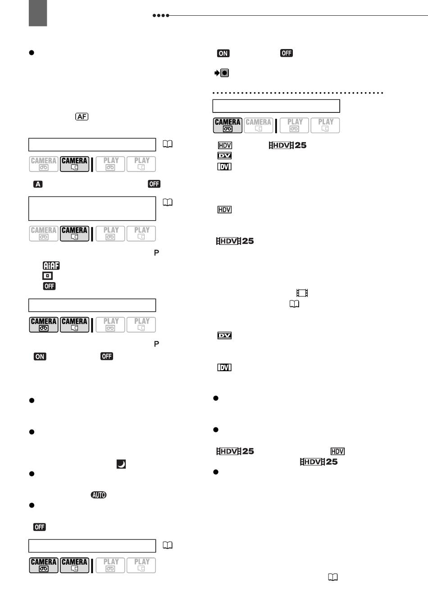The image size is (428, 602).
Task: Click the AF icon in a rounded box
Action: coord(82,117)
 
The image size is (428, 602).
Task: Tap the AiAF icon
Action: coord(51,265)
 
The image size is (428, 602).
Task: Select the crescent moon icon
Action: coord(121,464)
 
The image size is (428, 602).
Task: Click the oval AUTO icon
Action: coord(99,495)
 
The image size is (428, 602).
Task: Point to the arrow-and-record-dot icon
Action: coord(222,73)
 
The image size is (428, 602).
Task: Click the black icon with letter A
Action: coord(38,184)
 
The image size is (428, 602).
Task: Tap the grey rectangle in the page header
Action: coord(38,13)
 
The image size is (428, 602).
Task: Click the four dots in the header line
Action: coord(161,16)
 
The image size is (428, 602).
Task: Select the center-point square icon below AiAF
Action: coord(47,276)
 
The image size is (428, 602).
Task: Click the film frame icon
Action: coord(302,292)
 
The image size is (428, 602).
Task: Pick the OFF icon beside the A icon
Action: coord(154,184)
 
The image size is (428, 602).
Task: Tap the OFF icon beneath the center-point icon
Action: coord(49,286)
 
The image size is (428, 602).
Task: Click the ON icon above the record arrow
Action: coord(223,53)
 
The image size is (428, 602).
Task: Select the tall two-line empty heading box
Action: coord(92,209)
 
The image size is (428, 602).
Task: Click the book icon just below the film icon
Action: coord(294,304)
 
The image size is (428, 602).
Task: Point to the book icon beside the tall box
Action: coord(168,202)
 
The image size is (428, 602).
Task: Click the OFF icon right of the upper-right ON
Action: coord(287,53)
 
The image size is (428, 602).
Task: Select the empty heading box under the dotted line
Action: coord(276,106)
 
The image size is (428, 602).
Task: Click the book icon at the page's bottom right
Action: coord(333,577)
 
